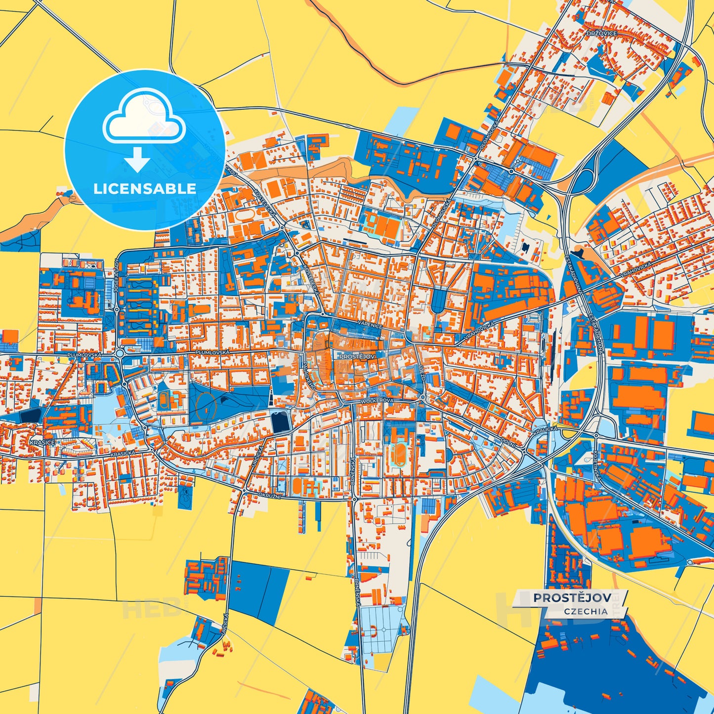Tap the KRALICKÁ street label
pos(546,432)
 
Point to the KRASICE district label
pos(42,442)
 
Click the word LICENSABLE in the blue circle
pos(145,189)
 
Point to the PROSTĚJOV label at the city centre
pos(358,356)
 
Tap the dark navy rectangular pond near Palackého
pos(280,423)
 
